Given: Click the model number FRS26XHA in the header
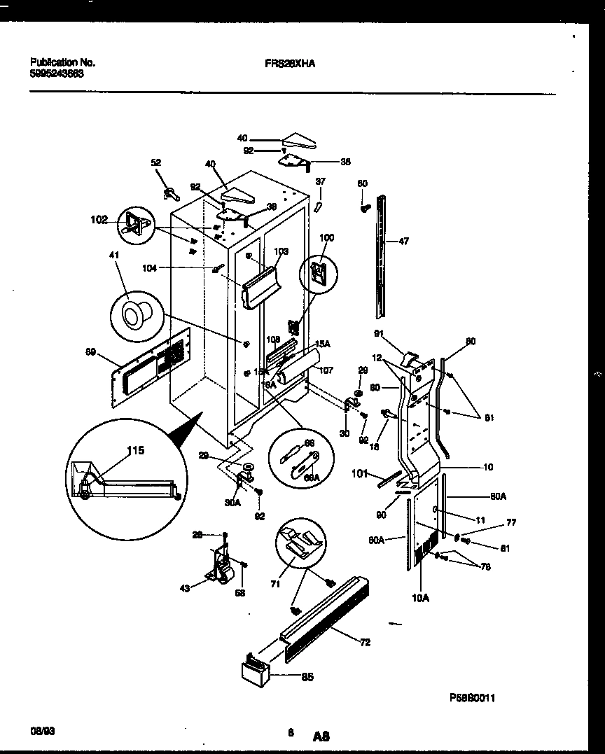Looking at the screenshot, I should (290, 63).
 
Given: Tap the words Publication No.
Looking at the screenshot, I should (63, 62).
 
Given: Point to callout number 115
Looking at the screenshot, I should (135, 450).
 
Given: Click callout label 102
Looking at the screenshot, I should (99, 220).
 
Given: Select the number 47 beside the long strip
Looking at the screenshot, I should (404, 242).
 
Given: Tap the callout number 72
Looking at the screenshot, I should (365, 642).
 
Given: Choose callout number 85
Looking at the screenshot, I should (307, 676).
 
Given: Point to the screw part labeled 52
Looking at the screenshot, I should (169, 191).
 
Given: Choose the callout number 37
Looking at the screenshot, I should (320, 181).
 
